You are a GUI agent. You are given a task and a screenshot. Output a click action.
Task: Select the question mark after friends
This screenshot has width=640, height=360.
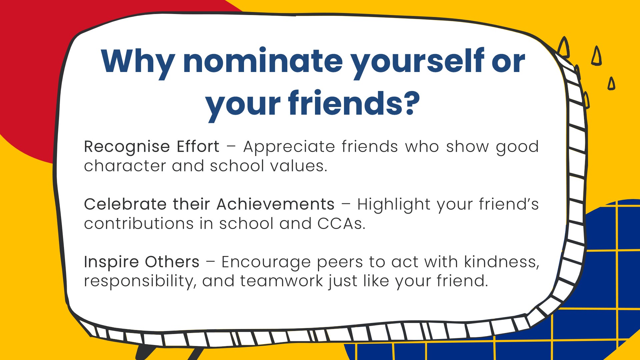coord(409,102)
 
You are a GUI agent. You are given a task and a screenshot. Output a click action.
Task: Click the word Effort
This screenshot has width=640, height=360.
coord(198,146)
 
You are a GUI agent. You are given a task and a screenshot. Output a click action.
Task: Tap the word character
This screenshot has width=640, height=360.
coord(125,166)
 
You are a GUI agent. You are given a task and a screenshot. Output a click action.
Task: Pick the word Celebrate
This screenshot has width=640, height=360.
coord(125,204)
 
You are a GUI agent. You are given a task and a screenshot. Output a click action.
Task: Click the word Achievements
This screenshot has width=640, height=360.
coord(276,204)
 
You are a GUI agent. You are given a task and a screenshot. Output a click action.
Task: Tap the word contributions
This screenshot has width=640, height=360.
coord(139,223)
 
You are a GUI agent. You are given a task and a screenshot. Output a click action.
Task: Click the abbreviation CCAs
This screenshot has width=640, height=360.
coord(341,224)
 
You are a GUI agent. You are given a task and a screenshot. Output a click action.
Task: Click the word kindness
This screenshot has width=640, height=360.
coord(502,262)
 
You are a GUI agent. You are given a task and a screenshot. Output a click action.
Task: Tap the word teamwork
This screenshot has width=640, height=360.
coord(281,281)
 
